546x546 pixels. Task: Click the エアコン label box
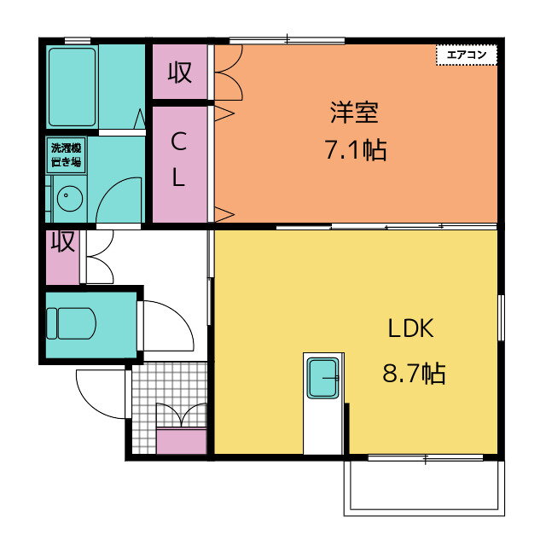tap(466, 55)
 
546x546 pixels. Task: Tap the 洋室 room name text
tap(354, 113)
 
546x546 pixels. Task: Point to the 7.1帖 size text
tap(354, 151)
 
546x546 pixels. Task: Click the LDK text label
tap(413, 328)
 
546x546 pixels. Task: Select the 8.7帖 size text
tap(413, 373)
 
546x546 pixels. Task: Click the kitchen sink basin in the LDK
tap(323, 378)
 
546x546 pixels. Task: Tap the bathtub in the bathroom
tap(73, 86)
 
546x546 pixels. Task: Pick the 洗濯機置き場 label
tap(66, 155)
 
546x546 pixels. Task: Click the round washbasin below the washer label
tap(67, 200)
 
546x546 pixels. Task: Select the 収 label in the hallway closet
tap(62, 243)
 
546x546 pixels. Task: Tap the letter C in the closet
tap(178, 139)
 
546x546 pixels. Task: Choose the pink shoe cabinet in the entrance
tap(181, 442)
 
